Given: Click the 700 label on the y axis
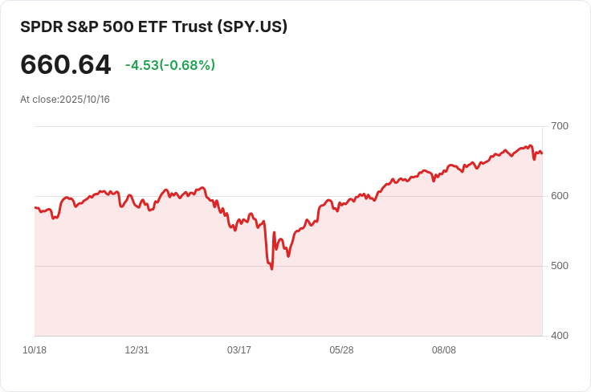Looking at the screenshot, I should click(560, 126).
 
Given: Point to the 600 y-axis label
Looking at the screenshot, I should click(560, 196).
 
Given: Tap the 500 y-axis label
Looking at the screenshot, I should click(560, 266).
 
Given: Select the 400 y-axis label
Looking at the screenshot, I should click(560, 336).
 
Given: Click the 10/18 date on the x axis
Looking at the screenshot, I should click(35, 350).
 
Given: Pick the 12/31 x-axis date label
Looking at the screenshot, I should click(137, 350).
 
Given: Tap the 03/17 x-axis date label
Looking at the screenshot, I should click(239, 350).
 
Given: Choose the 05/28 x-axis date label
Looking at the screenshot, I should click(341, 350).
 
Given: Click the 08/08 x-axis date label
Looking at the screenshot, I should click(444, 350).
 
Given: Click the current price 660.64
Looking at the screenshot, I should click(66, 65).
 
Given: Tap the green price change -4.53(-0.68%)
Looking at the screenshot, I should click(170, 65).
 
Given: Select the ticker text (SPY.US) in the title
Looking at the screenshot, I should click(252, 27).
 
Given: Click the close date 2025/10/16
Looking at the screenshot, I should click(84, 100).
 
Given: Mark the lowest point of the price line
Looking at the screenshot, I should click(272, 268).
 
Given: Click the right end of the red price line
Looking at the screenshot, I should click(542, 153).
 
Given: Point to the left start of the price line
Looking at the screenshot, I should click(35, 208).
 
